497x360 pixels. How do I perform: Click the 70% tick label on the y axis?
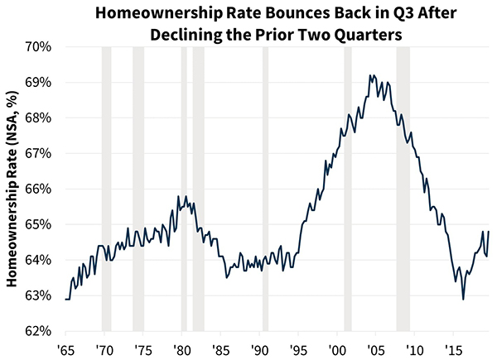(x=39, y=47)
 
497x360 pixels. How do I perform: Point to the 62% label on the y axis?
(x=39, y=331)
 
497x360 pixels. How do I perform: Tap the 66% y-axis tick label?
(x=39, y=189)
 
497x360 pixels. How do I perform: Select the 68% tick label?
(x=39, y=118)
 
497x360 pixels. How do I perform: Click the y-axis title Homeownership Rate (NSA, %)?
(x=13, y=189)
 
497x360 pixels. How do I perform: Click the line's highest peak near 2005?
(x=370, y=75)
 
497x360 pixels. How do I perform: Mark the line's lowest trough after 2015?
(x=463, y=299)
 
